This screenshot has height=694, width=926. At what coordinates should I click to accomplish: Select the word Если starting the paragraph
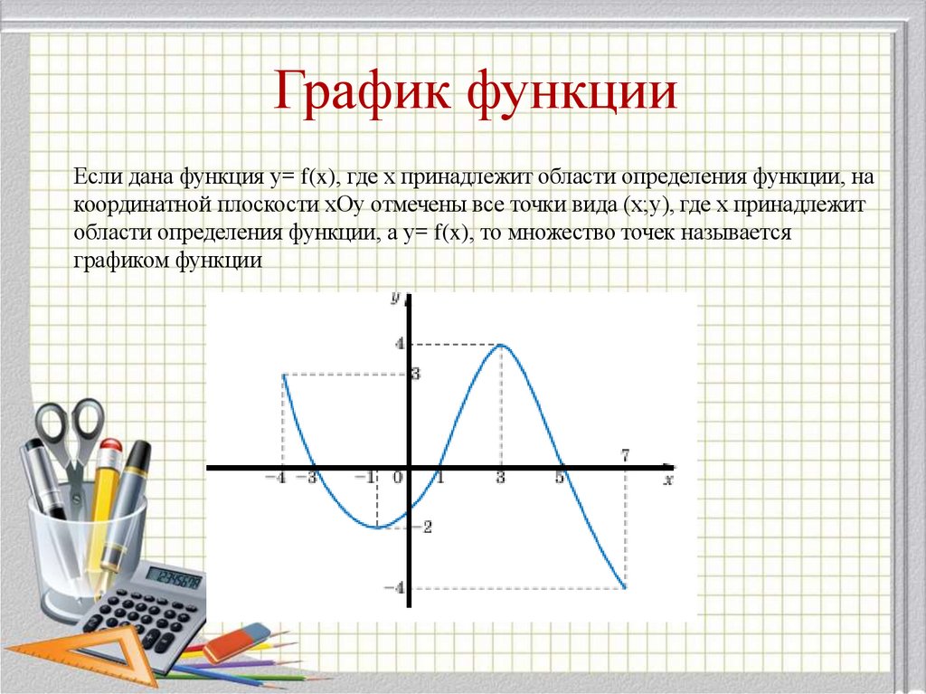point(93,176)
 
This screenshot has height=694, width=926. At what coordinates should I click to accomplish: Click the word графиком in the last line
point(124,261)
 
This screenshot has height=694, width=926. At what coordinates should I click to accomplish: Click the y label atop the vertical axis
point(395,297)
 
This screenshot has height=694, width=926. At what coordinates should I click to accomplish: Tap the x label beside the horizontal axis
point(668,480)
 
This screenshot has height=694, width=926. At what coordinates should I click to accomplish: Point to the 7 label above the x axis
point(625,454)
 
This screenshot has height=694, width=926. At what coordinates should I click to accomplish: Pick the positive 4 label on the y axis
point(396,344)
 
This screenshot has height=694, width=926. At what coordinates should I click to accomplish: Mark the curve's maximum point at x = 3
point(500,345)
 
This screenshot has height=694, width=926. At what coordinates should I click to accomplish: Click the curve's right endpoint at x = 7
point(625,588)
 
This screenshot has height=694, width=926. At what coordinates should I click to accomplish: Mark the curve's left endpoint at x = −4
point(284,375)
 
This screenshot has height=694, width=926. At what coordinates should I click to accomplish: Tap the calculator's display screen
point(175,578)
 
